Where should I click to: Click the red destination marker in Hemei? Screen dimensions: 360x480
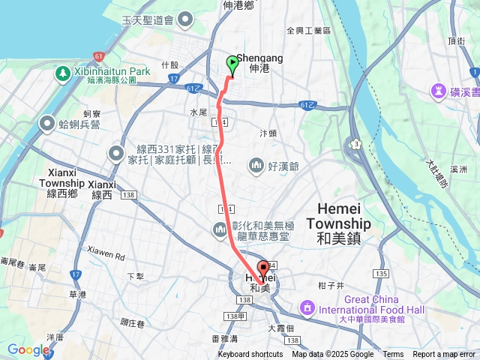tap(263, 270)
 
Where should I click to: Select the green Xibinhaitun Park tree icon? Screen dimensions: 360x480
tap(61, 73)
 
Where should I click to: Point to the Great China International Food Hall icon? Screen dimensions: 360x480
tap(307, 307)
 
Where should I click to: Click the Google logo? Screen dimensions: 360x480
tap(28, 349)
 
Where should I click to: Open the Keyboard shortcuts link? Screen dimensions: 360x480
tap(250, 355)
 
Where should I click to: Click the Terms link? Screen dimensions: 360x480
tap(393, 355)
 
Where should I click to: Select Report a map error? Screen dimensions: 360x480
tap(444, 355)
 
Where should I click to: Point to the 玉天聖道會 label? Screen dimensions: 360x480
tap(169, 19)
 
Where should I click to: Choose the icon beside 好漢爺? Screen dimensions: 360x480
tap(256, 164)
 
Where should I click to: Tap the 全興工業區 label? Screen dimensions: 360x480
tap(309, 31)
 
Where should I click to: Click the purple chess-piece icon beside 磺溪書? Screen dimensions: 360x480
tap(437, 91)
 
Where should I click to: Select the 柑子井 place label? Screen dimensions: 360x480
tap(330, 285)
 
